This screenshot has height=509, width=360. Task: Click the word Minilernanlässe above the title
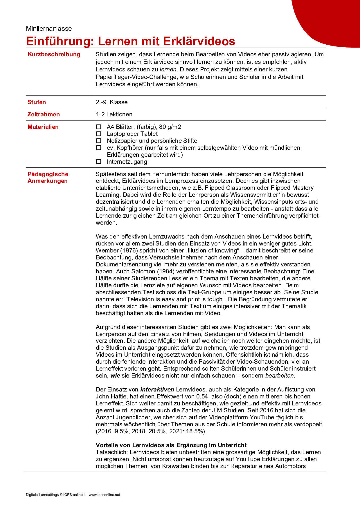(49, 28)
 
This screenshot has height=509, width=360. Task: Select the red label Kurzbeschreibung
(54, 54)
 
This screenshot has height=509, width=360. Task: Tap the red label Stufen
(37, 102)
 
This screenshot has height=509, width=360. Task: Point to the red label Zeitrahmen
(44, 114)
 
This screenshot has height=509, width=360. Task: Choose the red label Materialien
(43, 127)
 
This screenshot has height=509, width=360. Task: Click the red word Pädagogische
(48, 174)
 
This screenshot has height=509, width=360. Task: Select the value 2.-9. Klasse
(112, 102)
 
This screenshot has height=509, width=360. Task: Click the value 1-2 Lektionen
(114, 114)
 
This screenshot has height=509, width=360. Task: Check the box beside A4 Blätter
(99, 127)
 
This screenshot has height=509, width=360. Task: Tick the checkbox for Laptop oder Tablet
(99, 134)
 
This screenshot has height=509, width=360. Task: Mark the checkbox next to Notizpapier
(99, 141)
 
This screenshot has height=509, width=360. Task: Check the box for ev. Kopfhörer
(99, 148)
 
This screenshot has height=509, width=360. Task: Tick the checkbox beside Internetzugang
(99, 162)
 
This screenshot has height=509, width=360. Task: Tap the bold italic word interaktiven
(157, 389)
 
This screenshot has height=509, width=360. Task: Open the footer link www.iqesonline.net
(104, 495)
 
